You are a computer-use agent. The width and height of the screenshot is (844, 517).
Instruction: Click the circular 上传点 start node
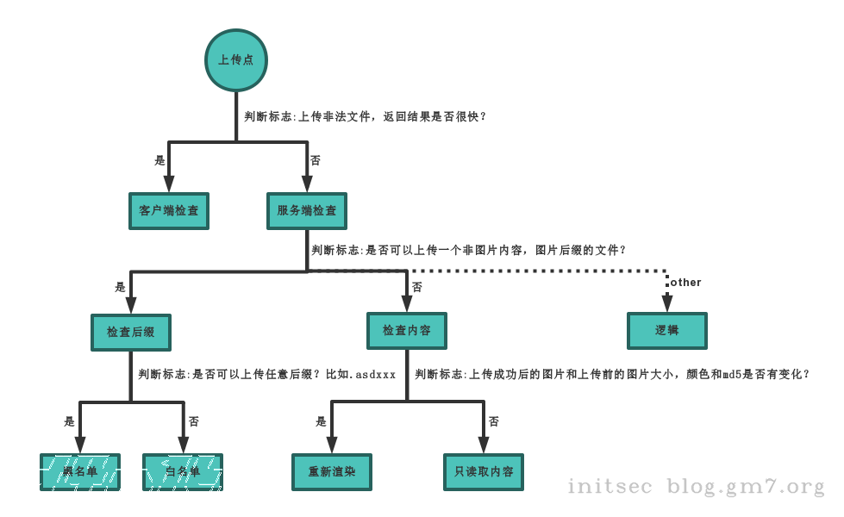pos(235,60)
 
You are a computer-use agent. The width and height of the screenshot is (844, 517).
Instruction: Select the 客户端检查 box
pos(169,210)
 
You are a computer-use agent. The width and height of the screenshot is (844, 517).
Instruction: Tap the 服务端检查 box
pos(307,210)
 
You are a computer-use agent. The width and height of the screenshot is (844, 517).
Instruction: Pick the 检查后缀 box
pos(131,332)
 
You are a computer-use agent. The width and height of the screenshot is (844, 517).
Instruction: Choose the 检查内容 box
pos(407,331)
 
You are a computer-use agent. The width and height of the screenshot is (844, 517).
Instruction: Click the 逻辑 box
pos(667,330)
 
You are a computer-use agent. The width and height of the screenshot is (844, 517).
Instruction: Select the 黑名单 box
pos(80,472)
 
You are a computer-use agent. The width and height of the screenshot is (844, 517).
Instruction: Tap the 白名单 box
pos(183,472)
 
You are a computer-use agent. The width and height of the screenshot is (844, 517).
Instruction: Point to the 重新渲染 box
pos(332,472)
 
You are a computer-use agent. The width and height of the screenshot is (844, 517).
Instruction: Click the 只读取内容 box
pos(484,472)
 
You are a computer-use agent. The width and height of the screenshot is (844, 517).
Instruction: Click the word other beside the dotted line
pos(686,283)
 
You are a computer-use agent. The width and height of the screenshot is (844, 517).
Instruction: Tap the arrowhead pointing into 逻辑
pos(667,303)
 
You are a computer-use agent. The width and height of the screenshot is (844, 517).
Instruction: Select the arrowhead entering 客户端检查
pos(169,183)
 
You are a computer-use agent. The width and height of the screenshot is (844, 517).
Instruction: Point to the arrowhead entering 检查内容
pos(407,303)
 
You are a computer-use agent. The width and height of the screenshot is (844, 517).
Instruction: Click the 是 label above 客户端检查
pos(159,160)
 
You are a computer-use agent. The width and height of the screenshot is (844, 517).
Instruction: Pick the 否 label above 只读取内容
pos(494,421)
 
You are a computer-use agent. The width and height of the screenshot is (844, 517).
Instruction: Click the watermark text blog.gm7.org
pos(746,488)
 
